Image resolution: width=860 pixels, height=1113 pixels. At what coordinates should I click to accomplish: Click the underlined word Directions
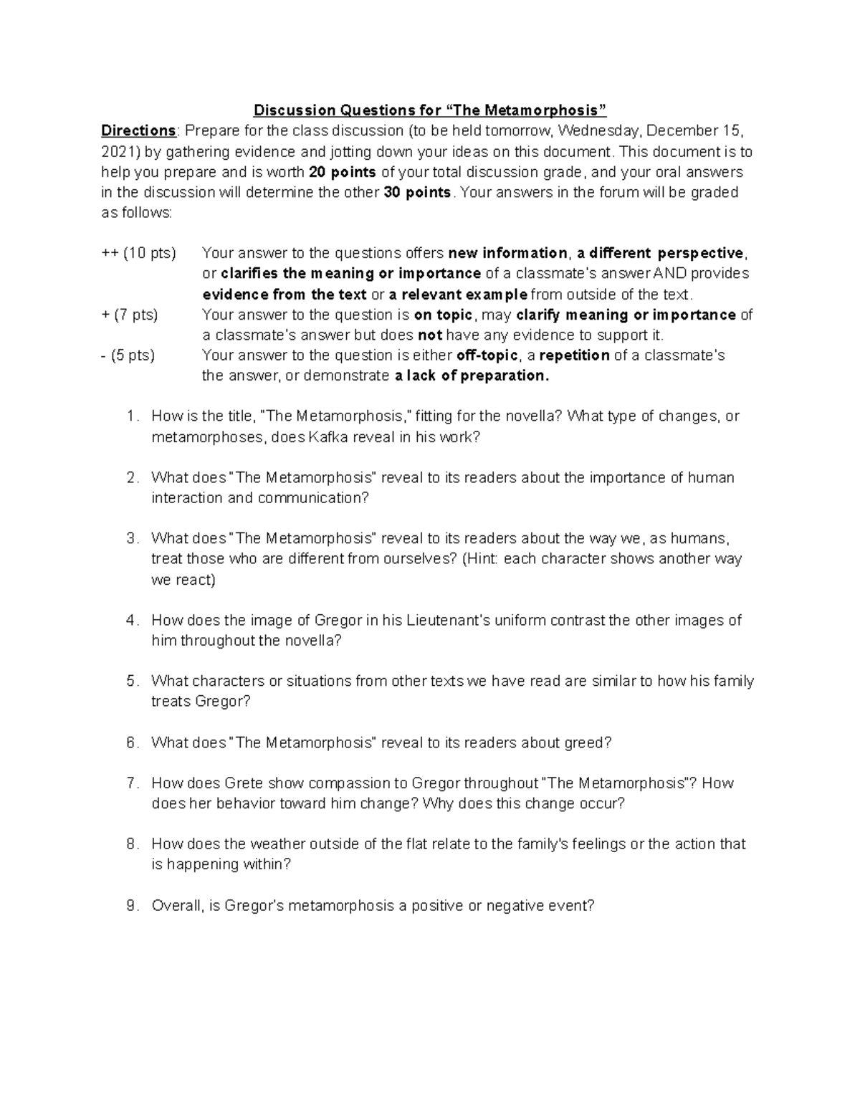click(x=138, y=130)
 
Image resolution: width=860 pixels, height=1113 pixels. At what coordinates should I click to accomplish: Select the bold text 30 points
click(x=418, y=192)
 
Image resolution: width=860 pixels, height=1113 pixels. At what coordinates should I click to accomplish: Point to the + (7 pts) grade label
click(x=130, y=315)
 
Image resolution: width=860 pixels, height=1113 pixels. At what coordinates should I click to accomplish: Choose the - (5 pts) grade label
click(x=128, y=355)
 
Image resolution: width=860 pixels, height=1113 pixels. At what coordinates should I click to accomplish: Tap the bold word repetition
click(x=574, y=355)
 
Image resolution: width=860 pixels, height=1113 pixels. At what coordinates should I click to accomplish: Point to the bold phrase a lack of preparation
click(x=472, y=376)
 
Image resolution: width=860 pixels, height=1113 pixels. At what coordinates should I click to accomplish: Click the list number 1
click(x=131, y=416)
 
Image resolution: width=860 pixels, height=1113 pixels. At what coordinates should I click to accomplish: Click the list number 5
click(x=131, y=682)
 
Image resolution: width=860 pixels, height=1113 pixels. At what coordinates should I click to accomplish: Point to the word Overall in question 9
click(x=178, y=906)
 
